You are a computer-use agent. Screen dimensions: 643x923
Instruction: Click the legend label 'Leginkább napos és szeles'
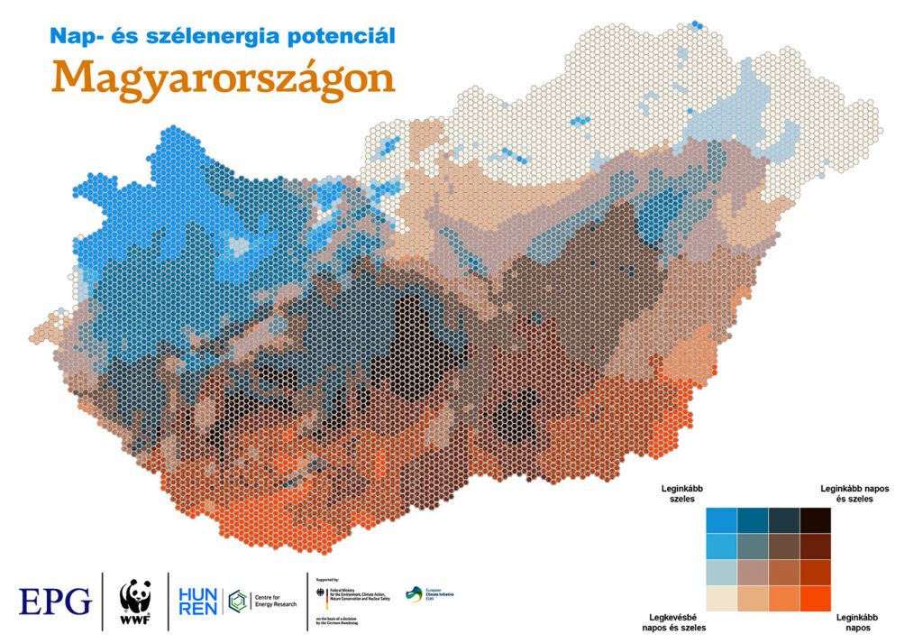click(854, 493)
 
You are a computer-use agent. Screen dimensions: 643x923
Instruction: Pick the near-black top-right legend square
click(815, 521)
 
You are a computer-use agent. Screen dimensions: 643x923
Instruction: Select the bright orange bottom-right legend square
click(815, 599)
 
